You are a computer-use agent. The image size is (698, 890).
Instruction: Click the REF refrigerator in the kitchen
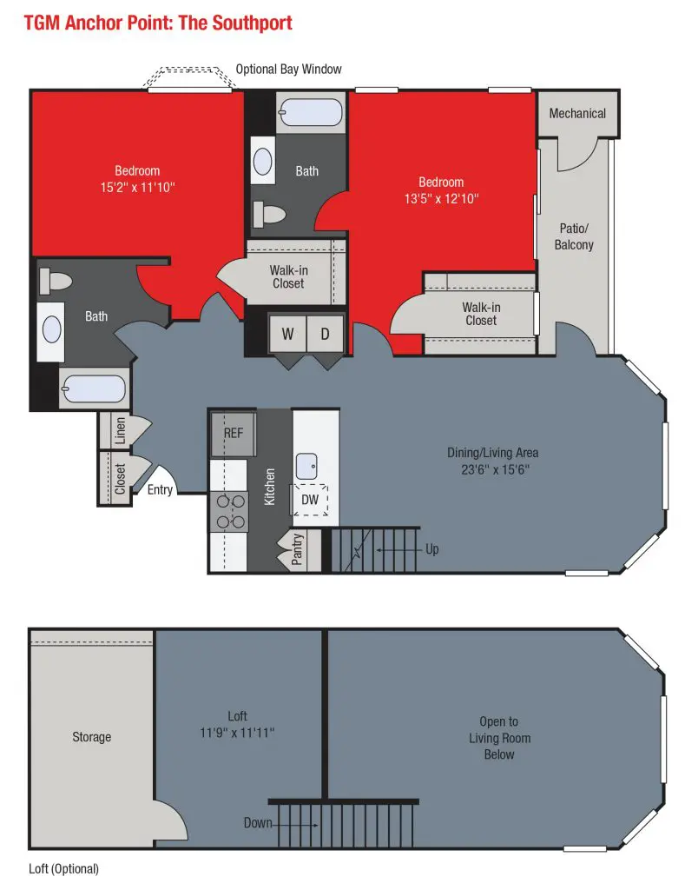pyautogui.click(x=233, y=434)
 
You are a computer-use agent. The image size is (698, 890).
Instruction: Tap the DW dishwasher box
pyautogui.click(x=310, y=500)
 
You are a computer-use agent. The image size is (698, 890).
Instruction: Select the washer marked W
pyautogui.click(x=287, y=334)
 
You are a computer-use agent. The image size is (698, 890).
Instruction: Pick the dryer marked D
pyautogui.click(x=326, y=334)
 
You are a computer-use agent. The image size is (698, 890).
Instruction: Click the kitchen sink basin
pyautogui.click(x=306, y=466)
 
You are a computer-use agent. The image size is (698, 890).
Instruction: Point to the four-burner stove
pyautogui.click(x=228, y=511)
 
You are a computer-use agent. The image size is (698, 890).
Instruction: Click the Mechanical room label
pyautogui.click(x=577, y=114)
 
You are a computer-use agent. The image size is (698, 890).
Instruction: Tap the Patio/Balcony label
pyautogui.click(x=574, y=236)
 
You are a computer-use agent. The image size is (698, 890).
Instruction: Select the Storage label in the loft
pyautogui.click(x=91, y=737)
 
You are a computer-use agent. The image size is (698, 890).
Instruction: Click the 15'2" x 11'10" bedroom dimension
pyautogui.click(x=138, y=188)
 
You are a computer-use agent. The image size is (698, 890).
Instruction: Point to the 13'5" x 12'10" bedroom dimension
pyautogui.click(x=441, y=199)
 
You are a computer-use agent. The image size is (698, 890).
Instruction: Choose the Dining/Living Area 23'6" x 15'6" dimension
pyautogui.click(x=495, y=469)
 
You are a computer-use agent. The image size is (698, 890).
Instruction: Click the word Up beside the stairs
pyautogui.click(x=432, y=549)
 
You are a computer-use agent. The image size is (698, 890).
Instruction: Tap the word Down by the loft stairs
pyautogui.click(x=258, y=822)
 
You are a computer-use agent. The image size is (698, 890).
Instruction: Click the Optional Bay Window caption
pyautogui.click(x=288, y=70)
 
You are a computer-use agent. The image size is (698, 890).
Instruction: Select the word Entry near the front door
pyautogui.click(x=160, y=490)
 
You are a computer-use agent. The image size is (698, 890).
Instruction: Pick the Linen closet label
pyautogui.click(x=120, y=431)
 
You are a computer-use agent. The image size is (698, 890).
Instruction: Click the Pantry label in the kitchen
pyautogui.click(x=297, y=549)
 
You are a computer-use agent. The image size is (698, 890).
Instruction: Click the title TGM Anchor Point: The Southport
pyautogui.click(x=158, y=23)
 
